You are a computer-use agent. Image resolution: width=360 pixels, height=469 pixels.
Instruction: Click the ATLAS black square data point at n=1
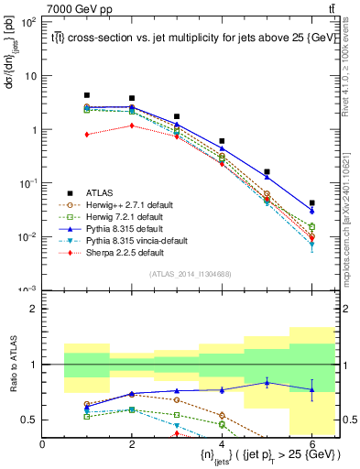click(x=87, y=95)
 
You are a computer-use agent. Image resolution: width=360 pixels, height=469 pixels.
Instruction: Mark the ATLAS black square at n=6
click(x=311, y=203)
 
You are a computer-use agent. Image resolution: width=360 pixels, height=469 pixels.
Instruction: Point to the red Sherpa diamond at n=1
click(x=87, y=135)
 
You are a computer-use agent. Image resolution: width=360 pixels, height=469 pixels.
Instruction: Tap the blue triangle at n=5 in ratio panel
click(x=267, y=382)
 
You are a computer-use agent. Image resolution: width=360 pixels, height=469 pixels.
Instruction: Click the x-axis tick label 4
click(x=222, y=444)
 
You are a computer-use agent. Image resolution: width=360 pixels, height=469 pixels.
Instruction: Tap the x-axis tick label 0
click(x=42, y=444)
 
